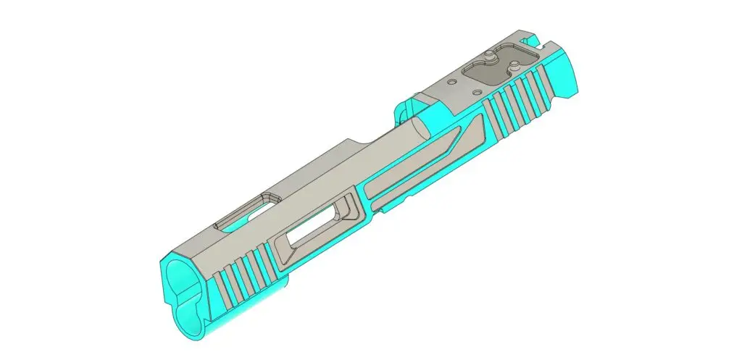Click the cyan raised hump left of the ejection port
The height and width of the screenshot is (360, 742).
[402, 111]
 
